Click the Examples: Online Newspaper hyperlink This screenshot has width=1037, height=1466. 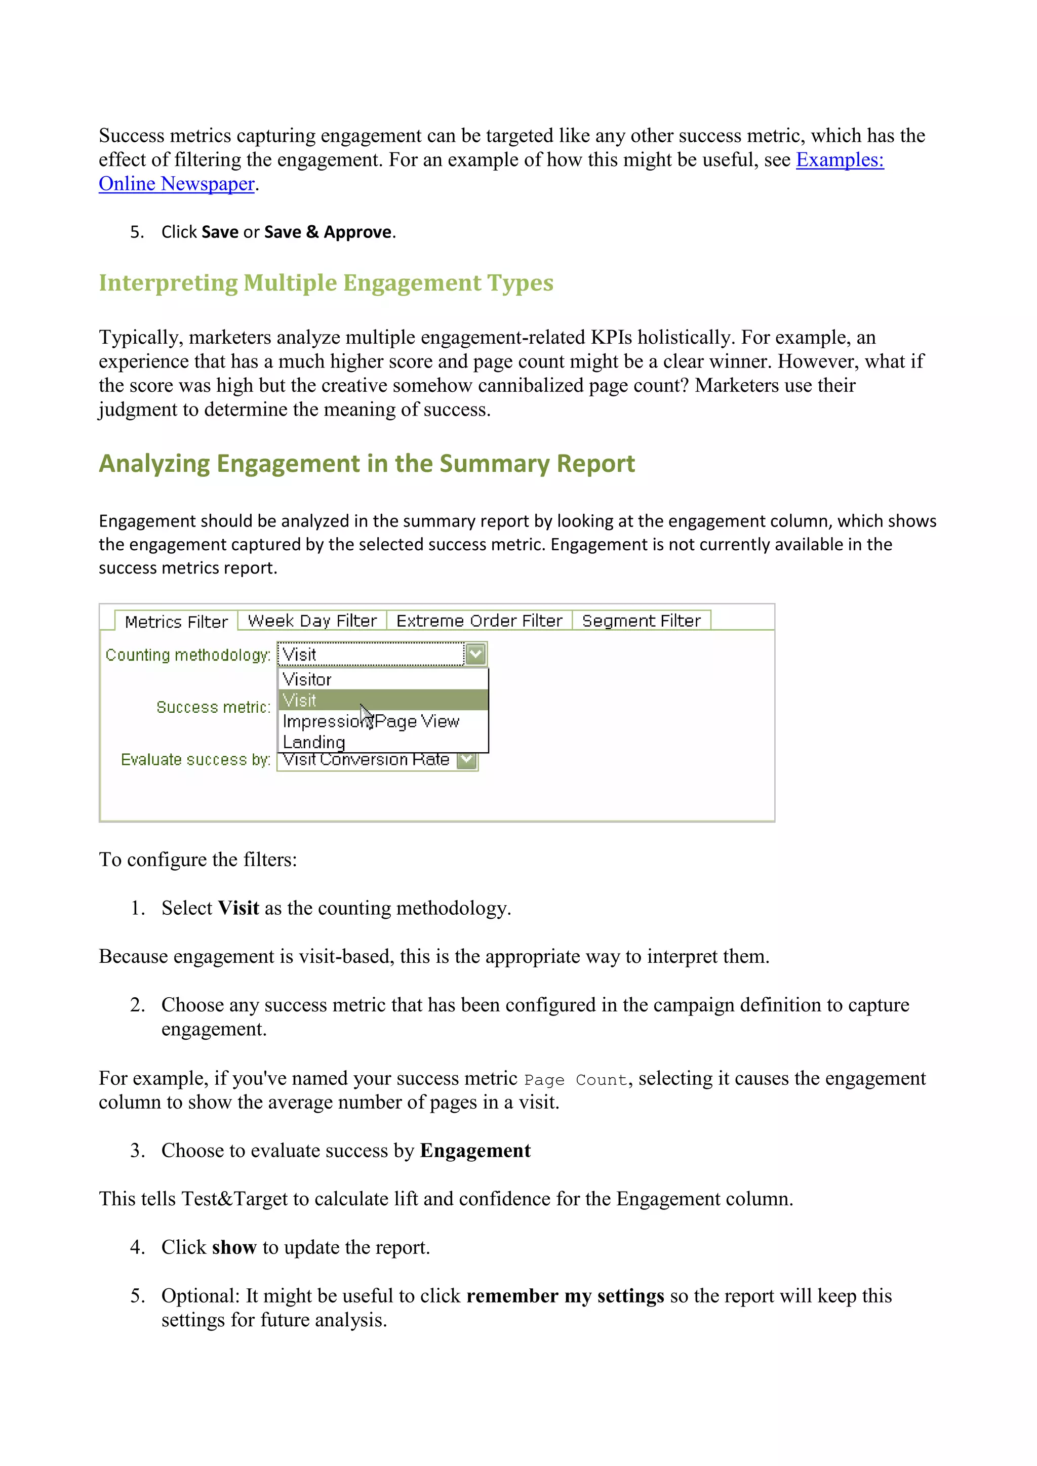839,159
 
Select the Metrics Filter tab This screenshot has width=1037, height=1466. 176,621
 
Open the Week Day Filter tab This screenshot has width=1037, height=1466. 312,621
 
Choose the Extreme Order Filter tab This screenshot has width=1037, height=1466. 479,621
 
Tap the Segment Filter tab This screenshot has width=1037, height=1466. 641,621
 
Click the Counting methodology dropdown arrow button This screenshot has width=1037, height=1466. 476,654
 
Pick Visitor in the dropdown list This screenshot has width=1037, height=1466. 307,679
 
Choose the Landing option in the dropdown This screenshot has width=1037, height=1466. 313,742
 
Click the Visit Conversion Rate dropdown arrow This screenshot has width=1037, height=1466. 467,760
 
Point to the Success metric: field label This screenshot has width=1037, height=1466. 213,707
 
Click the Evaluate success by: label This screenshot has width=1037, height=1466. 195,759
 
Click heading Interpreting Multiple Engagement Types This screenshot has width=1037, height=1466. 326,283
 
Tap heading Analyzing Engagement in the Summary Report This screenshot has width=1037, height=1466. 367,464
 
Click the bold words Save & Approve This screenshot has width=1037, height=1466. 327,232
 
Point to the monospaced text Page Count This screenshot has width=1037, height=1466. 575,1080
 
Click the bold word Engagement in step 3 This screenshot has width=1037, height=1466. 475,1151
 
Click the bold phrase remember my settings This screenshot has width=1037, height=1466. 565,1296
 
